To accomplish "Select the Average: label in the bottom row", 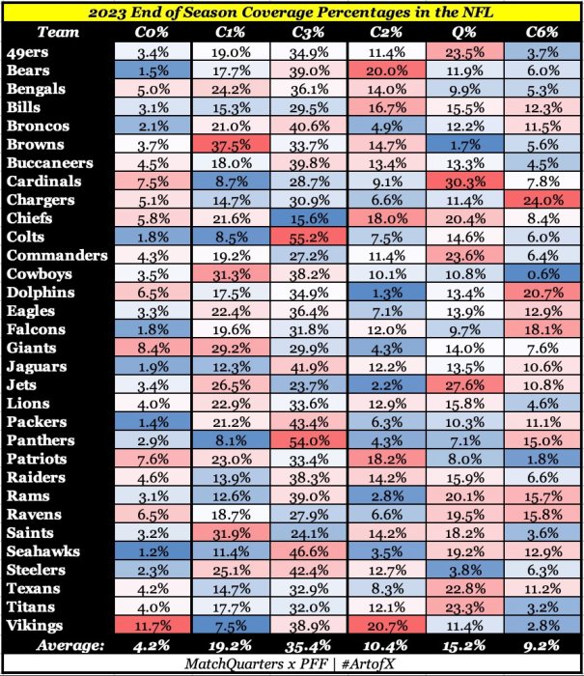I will tap(70, 646).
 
